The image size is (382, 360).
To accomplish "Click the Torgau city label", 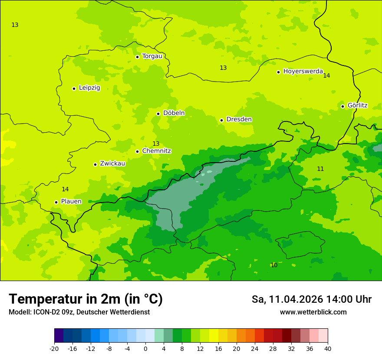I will coord(152,56).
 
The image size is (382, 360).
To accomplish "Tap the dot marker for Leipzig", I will coord(74,88).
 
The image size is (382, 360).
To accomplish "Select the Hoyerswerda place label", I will coord(303,72).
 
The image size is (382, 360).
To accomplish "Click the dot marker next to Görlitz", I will coord(342,106).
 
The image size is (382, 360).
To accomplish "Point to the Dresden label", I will coord(239,119).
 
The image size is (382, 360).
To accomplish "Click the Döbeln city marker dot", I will coord(158,114).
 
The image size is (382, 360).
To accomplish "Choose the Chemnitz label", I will coord(156,151).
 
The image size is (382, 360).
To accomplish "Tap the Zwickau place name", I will coord(112,164).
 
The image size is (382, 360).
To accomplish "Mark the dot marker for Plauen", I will coord(56,202).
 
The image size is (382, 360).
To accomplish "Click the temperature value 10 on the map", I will coord(274,265).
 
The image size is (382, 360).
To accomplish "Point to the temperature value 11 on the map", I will coord(320,169).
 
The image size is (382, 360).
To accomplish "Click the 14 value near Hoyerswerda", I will coord(326,75).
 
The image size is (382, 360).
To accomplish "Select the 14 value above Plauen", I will coord(65,189).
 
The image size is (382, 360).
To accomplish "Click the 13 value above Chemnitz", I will coord(156,144).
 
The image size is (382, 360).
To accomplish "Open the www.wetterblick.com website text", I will coord(313,312).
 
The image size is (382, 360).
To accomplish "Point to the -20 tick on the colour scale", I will coord(54,348).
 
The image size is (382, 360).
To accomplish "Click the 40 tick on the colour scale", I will coord(328,348).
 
